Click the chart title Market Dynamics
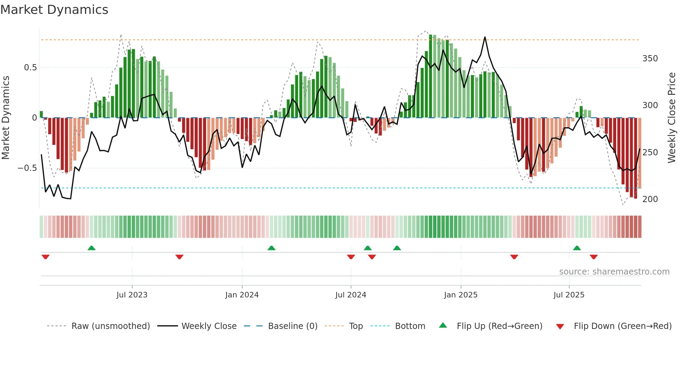pos(54,10)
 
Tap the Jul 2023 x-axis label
pos(132,295)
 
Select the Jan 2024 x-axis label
pos(242,295)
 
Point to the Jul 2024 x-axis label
pos(351,295)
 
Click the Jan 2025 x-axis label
pos(461,295)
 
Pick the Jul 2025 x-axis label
pos(569,295)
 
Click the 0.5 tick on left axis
pos(30,68)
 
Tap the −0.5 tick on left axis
pos(27,168)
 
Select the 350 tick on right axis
pos(650,59)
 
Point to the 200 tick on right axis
pos(650,199)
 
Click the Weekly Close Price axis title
pos(672,118)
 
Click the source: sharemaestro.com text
pos(614,272)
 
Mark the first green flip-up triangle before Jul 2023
pos(92,248)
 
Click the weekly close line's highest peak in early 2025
pos(485,37)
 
